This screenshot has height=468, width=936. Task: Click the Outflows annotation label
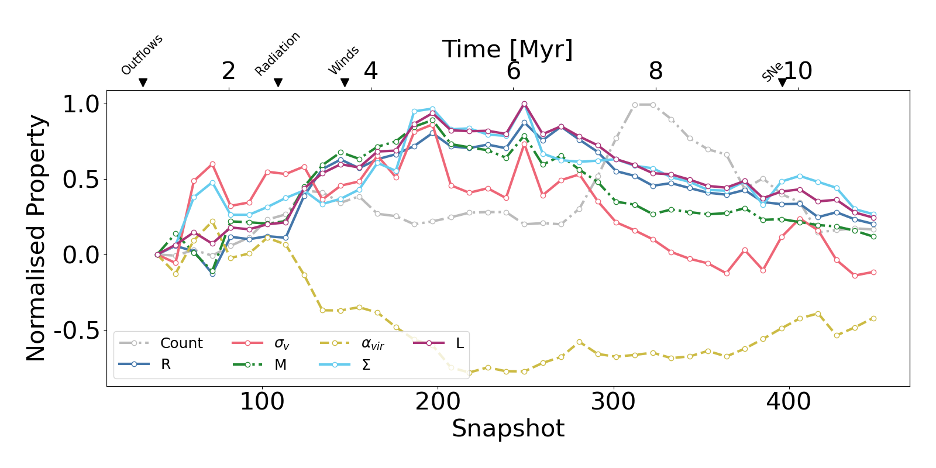click(142, 56)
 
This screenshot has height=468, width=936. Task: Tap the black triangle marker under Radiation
click(278, 82)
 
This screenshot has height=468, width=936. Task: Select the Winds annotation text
click(343, 60)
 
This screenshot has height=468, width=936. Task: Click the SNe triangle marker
click(782, 82)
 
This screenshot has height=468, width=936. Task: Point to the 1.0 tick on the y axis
click(81, 104)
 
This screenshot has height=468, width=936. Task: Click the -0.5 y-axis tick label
click(77, 331)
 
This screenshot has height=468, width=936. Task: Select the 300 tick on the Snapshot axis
click(614, 401)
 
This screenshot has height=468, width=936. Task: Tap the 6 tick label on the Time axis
click(513, 71)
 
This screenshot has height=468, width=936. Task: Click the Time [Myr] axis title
click(507, 49)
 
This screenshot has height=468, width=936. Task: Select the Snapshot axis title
click(508, 428)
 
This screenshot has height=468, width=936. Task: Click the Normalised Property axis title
click(36, 238)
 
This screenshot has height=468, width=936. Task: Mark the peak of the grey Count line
click(643, 105)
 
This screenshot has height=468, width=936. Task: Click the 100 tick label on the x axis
click(262, 401)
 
